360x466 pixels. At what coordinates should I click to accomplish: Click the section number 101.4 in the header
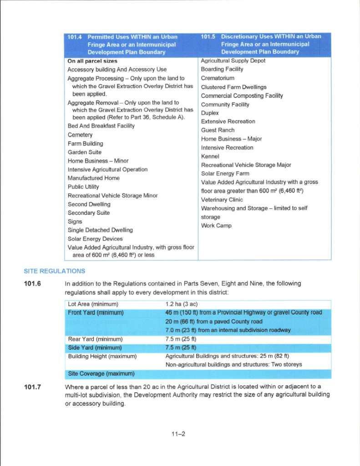coord(75,37)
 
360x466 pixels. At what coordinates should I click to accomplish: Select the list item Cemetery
coord(80,135)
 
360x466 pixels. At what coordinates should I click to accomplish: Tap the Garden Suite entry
coord(85,152)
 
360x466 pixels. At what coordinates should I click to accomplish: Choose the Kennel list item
coord(210,156)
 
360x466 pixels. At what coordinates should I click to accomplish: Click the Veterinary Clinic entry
coord(222,199)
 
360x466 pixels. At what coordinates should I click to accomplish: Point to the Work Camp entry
coord(216,226)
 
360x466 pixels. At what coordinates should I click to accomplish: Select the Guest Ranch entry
coord(218,130)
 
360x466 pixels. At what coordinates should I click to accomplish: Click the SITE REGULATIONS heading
coord(54,271)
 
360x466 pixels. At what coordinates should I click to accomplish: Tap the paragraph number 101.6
coord(32,284)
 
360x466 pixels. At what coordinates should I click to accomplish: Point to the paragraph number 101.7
coord(32,387)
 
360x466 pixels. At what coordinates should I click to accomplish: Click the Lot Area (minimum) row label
coord(93,304)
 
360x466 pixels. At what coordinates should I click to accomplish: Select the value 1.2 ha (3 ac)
coord(181,304)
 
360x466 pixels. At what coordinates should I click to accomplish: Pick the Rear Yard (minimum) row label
coord(95,339)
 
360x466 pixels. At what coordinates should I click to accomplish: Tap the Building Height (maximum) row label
coord(102,356)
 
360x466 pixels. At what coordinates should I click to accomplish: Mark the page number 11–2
coord(177,434)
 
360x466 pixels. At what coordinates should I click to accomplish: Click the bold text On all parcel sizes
coord(92,61)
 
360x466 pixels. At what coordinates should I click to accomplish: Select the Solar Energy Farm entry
coord(225,173)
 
